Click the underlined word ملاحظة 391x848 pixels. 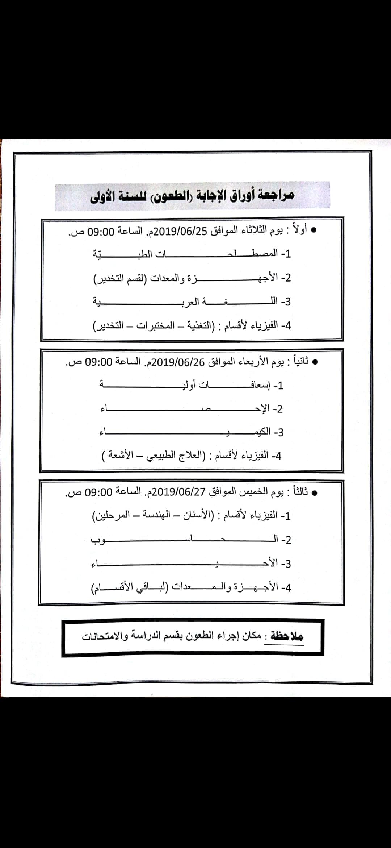coord(287,636)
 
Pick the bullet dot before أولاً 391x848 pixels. coord(314,230)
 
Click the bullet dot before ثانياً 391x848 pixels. coord(315,362)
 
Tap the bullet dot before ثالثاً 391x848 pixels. coord(315,492)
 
